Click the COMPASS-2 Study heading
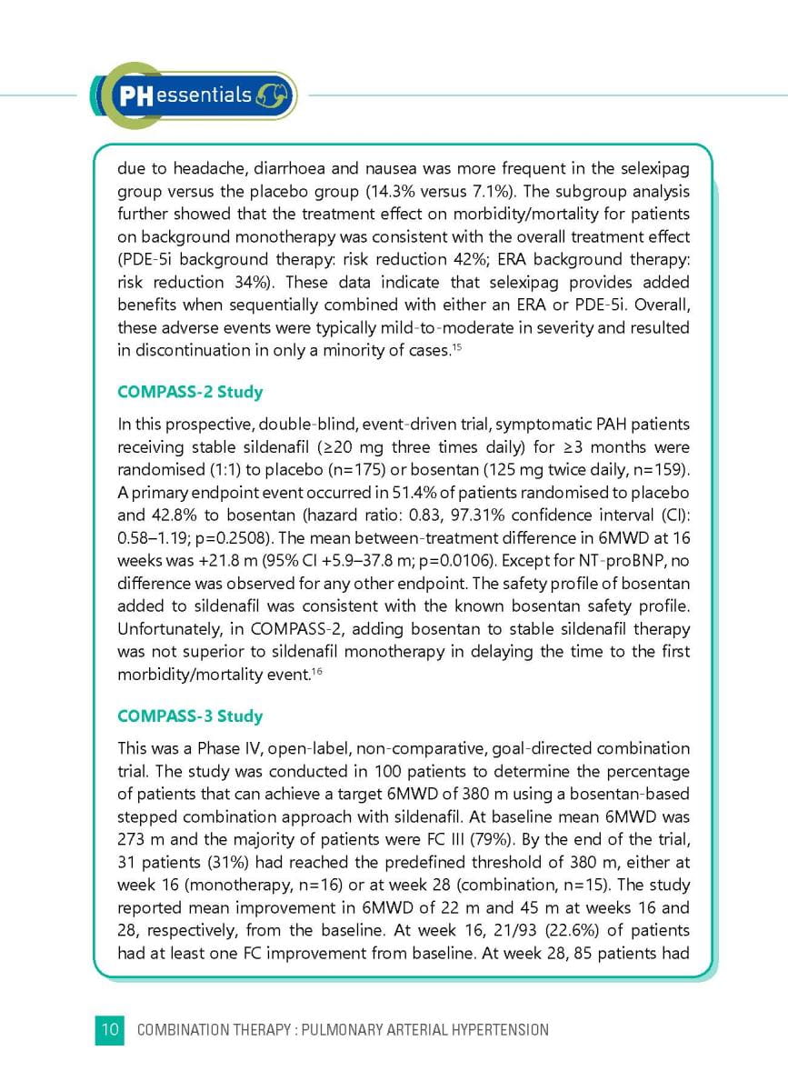(x=190, y=392)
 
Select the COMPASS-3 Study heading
(x=190, y=716)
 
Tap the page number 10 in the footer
(x=109, y=1029)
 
